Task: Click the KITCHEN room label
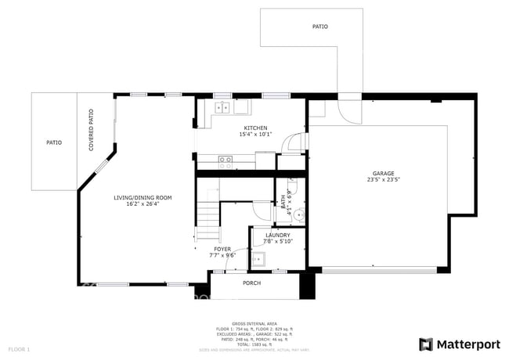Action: (255, 128)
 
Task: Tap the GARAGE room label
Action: (383, 174)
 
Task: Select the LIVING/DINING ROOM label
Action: (143, 198)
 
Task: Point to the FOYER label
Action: (222, 248)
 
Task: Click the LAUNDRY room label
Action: (277, 235)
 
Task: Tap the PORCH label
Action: (251, 283)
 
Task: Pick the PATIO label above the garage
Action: (319, 27)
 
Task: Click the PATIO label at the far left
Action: (53, 142)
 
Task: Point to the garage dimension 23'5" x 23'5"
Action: (383, 180)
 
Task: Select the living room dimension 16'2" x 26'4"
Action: (143, 204)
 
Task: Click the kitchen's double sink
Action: (222, 107)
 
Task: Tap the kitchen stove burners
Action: (226, 162)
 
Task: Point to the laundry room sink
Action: (259, 258)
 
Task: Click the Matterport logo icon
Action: (426, 344)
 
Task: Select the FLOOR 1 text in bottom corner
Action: (19, 348)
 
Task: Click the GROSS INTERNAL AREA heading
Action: (255, 323)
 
